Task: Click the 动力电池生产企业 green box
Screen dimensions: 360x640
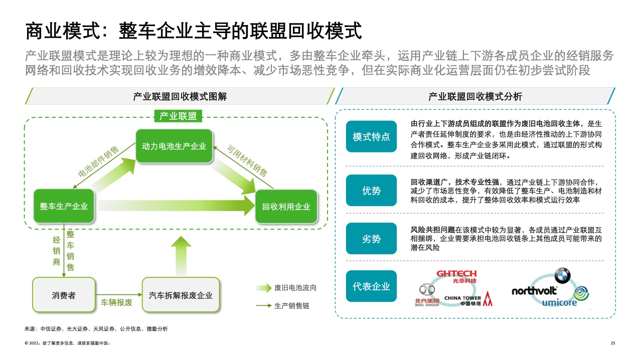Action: (174, 146)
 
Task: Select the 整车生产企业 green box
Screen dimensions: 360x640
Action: (64, 206)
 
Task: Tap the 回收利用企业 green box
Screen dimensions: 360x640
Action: (286, 207)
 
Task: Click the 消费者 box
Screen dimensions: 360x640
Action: (64, 295)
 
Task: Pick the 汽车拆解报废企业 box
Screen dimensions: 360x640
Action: (181, 295)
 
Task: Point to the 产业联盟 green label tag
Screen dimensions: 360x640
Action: (178, 116)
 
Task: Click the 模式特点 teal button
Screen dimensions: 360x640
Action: (371, 136)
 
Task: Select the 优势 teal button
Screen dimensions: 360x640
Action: (371, 191)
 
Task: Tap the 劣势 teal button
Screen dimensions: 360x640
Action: (371, 239)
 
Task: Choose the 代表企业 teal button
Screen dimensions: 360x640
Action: (371, 286)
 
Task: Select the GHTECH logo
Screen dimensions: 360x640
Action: (456, 276)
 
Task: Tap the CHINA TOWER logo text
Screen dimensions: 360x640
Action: (462, 300)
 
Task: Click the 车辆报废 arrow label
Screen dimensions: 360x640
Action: (117, 302)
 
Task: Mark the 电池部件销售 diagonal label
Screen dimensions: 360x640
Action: (99, 162)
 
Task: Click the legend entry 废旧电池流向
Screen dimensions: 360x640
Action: (295, 288)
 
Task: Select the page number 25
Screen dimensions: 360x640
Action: (612, 343)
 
